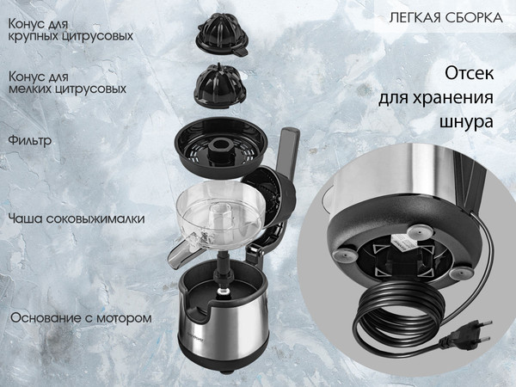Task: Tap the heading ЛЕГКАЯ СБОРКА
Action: coord(444,17)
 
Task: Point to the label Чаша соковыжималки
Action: coord(76,218)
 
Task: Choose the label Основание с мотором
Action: coord(81,317)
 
